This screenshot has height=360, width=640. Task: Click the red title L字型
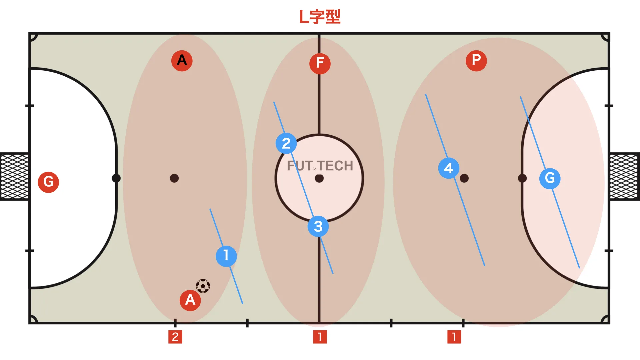point(320,17)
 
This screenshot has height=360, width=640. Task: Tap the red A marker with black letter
point(182,61)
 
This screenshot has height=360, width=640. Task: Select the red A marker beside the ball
point(190,300)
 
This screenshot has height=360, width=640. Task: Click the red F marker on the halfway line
point(320,63)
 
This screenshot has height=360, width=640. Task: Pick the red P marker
point(476,61)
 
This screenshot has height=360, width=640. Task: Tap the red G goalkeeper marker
point(48,182)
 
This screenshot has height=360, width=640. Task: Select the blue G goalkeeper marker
point(550,179)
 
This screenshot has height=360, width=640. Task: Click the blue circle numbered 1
point(226,256)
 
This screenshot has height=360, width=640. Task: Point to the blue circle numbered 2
point(286,143)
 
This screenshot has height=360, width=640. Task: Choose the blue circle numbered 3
point(318,227)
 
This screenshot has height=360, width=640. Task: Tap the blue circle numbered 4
point(449,168)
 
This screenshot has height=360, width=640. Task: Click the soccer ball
point(203,286)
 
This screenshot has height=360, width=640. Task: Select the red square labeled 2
point(175,337)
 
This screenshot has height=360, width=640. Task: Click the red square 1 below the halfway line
point(320,337)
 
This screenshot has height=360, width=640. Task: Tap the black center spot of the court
point(319,178)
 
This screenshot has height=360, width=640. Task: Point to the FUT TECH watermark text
point(320,166)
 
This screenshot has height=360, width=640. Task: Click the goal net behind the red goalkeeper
point(14,177)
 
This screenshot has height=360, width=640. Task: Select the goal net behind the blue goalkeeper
point(625,177)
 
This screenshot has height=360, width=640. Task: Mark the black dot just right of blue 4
point(464,178)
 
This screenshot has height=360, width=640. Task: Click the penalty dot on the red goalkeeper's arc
point(116,178)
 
